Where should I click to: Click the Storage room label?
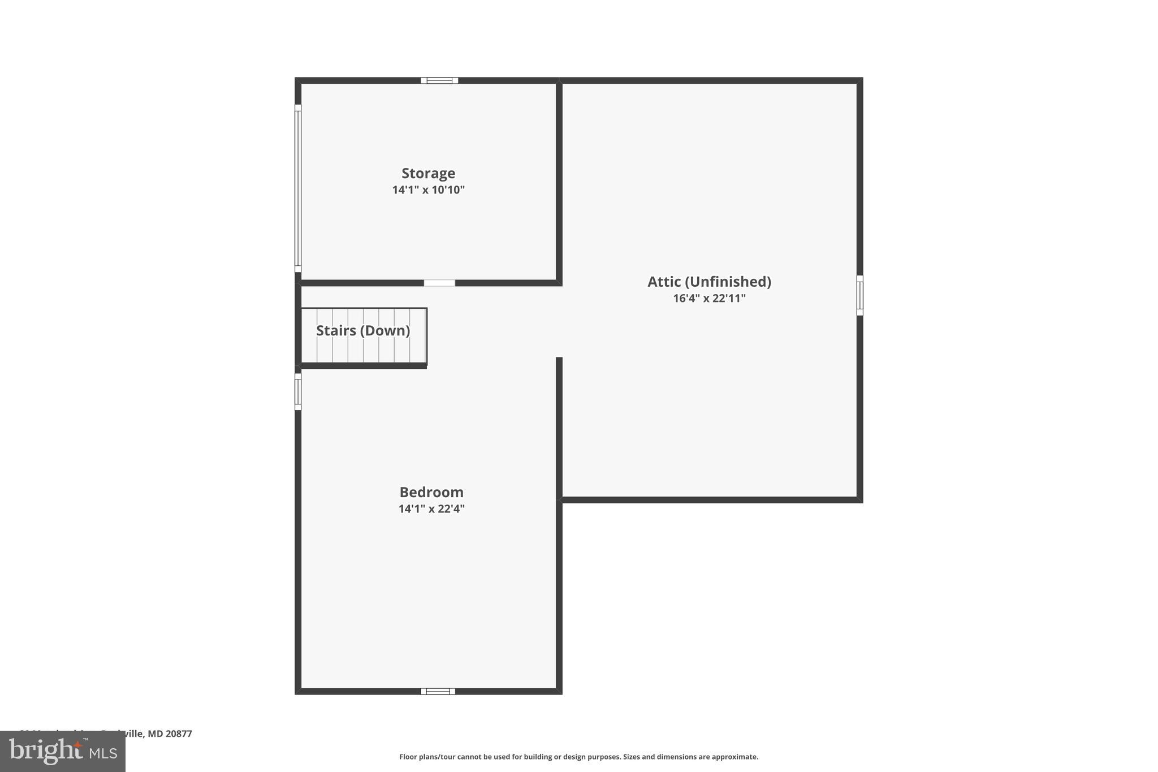(428, 173)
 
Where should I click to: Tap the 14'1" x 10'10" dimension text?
(428, 190)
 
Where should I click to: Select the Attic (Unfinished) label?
(709, 282)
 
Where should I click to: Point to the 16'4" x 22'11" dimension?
(709, 299)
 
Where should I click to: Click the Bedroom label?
(431, 492)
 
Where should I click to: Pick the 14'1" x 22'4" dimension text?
(431, 509)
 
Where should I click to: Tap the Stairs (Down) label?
(363, 331)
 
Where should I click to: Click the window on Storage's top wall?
(439, 80)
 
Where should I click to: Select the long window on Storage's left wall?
(298, 188)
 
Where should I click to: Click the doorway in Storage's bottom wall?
(439, 283)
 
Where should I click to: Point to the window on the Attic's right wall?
(859, 295)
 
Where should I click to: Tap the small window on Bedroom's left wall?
(298, 391)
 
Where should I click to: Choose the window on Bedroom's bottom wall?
(438, 691)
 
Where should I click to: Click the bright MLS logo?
(63, 751)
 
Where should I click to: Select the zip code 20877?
(179, 734)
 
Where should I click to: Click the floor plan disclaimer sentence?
(578, 757)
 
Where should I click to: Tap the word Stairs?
(336, 331)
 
